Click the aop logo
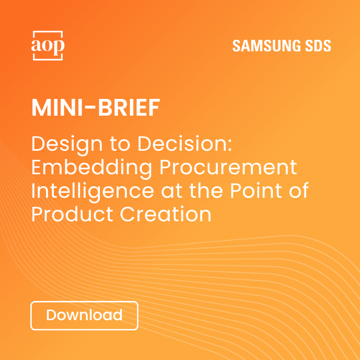click(48, 46)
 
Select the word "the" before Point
click(202, 191)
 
